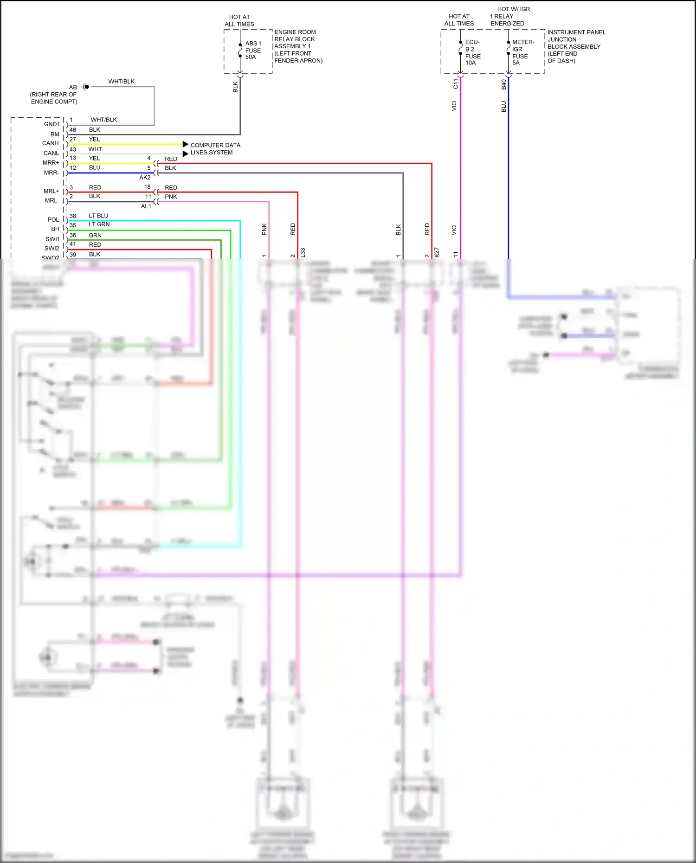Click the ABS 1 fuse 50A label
tap(253, 50)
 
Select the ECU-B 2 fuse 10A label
tap(472, 52)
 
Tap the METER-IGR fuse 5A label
tap(522, 52)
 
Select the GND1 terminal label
tap(52, 124)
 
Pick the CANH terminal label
tap(50, 143)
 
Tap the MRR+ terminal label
tap(51, 163)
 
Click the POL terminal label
tap(53, 220)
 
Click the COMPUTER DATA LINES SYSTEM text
tap(215, 149)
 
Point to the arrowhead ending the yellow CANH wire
tap(185, 144)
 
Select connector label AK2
tap(145, 178)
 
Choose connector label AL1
tap(146, 206)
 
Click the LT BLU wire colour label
tap(98, 216)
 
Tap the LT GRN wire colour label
tap(99, 224)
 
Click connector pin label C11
tap(455, 84)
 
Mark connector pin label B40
tap(503, 84)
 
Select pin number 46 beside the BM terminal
tap(73, 130)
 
